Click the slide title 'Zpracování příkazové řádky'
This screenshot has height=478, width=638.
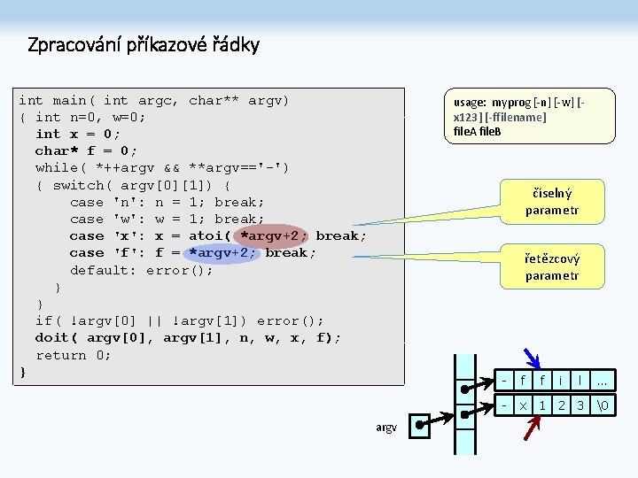click(144, 44)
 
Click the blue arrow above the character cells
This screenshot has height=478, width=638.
click(533, 357)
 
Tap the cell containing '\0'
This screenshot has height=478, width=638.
click(603, 405)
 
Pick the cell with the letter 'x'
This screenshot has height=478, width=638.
click(523, 405)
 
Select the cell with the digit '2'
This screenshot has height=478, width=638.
click(562, 405)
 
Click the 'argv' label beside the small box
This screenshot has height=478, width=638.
click(385, 428)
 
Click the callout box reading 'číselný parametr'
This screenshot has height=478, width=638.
click(551, 201)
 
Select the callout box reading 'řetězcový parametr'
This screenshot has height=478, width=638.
click(551, 266)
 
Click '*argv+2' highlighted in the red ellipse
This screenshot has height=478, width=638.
click(275, 235)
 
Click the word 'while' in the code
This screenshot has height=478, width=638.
click(57, 167)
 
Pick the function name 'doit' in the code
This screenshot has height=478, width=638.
click(52, 337)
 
